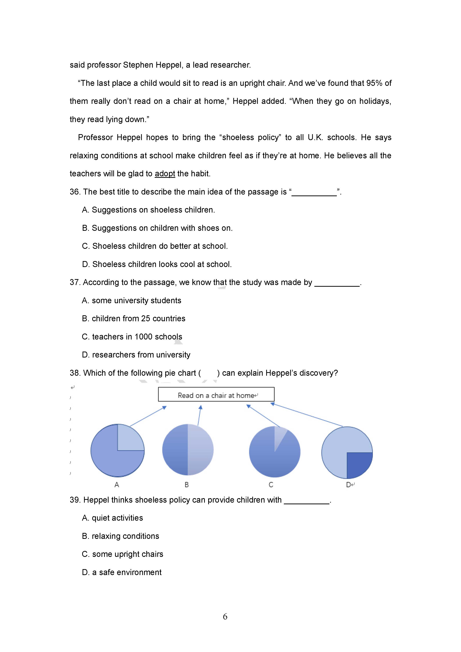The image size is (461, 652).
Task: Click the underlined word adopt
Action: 165,174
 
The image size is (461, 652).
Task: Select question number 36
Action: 75,192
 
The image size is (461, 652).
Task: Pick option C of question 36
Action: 155,246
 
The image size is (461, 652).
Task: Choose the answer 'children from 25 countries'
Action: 133,319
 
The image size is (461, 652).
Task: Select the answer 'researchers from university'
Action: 136,355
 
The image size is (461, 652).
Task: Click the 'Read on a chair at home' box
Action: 216,394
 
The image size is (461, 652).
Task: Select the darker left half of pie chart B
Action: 175,450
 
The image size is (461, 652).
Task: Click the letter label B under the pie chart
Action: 187,485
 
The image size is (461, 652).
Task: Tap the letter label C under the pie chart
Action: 271,485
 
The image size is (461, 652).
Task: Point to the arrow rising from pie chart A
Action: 148,416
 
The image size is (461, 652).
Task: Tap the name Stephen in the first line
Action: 138,65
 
